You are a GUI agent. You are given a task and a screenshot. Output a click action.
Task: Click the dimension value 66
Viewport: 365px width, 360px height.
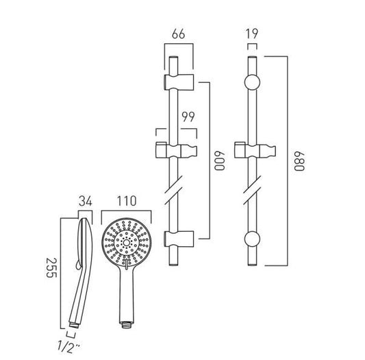pyautogui.click(x=179, y=34)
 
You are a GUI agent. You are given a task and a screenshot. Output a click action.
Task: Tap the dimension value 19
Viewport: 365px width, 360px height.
pyautogui.click(x=252, y=34)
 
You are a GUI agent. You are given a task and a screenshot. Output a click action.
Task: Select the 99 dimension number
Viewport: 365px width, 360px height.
pyautogui.click(x=188, y=117)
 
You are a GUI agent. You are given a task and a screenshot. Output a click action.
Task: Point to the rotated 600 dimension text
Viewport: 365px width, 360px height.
pyautogui.click(x=219, y=161)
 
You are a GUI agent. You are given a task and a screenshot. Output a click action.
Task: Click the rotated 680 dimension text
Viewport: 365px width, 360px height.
pyautogui.click(x=299, y=161)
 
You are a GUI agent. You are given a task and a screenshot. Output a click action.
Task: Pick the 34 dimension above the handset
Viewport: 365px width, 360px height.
pyautogui.click(x=85, y=201)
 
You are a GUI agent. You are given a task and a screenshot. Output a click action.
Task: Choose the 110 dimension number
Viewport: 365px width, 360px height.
pyautogui.click(x=127, y=201)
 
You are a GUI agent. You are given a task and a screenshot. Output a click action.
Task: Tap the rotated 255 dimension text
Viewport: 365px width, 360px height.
pyautogui.click(x=51, y=267)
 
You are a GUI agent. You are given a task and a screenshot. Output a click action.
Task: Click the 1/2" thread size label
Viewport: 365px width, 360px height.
pyautogui.click(x=68, y=346)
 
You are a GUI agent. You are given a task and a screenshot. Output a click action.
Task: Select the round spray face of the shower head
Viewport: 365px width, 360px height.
pyautogui.click(x=127, y=243)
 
